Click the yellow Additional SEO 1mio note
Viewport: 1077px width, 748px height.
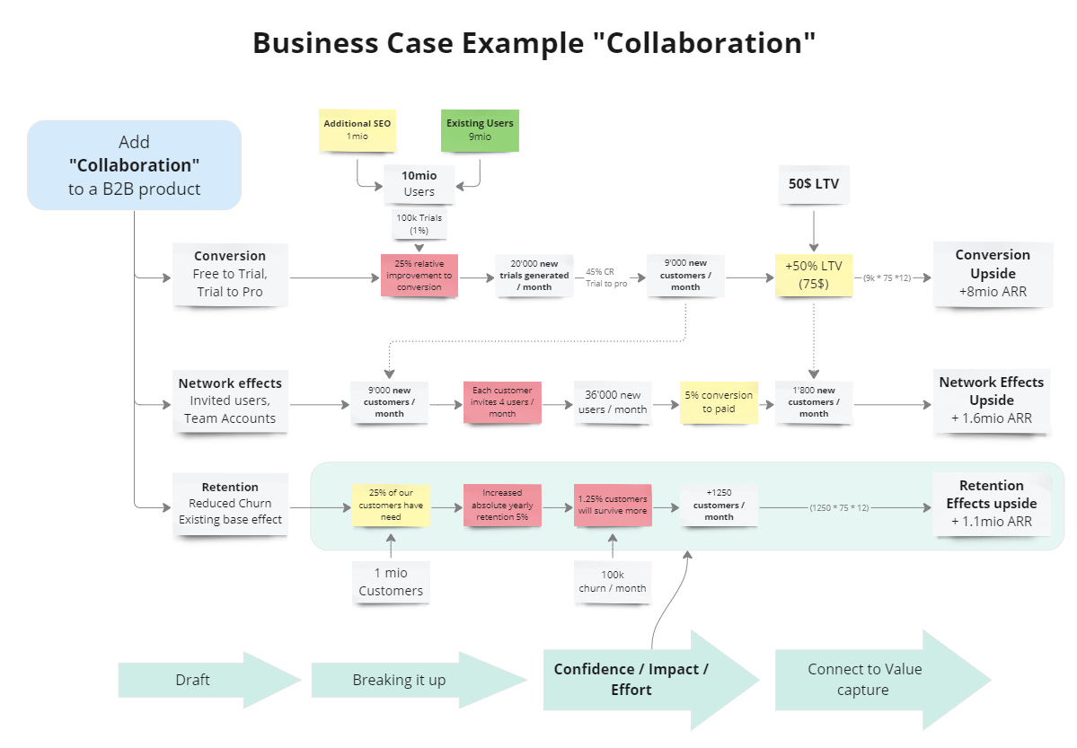[x=358, y=130]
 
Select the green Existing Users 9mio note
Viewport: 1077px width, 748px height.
[x=480, y=130]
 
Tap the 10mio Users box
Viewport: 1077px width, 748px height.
[x=419, y=183]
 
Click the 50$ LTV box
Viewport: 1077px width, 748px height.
[x=813, y=183]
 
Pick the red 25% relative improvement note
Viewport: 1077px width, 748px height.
[x=419, y=276]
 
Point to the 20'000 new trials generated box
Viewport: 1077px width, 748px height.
[x=534, y=276]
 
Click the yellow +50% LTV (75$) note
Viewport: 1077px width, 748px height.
[x=813, y=276]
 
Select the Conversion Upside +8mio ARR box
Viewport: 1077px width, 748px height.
[x=993, y=273]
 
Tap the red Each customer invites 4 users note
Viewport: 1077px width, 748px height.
[x=502, y=401]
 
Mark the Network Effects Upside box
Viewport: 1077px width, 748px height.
[x=992, y=400]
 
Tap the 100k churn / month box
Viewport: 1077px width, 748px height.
[x=612, y=581]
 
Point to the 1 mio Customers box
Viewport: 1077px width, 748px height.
[x=391, y=581]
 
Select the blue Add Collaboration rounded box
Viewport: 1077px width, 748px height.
[x=135, y=165]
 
